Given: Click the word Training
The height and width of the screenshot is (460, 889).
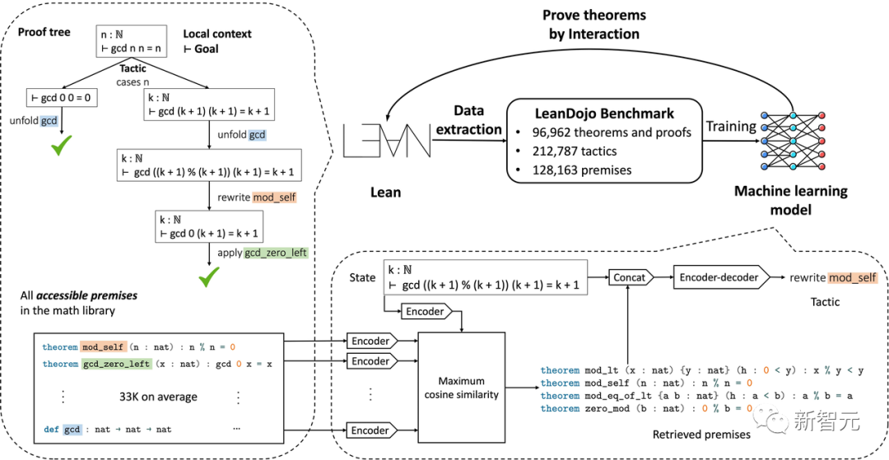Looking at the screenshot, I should [x=732, y=127].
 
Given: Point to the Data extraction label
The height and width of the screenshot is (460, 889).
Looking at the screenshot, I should [x=469, y=119].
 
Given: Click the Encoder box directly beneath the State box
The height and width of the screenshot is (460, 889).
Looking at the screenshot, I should [x=426, y=311].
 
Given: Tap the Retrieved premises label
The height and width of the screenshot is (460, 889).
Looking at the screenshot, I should [x=701, y=434].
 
